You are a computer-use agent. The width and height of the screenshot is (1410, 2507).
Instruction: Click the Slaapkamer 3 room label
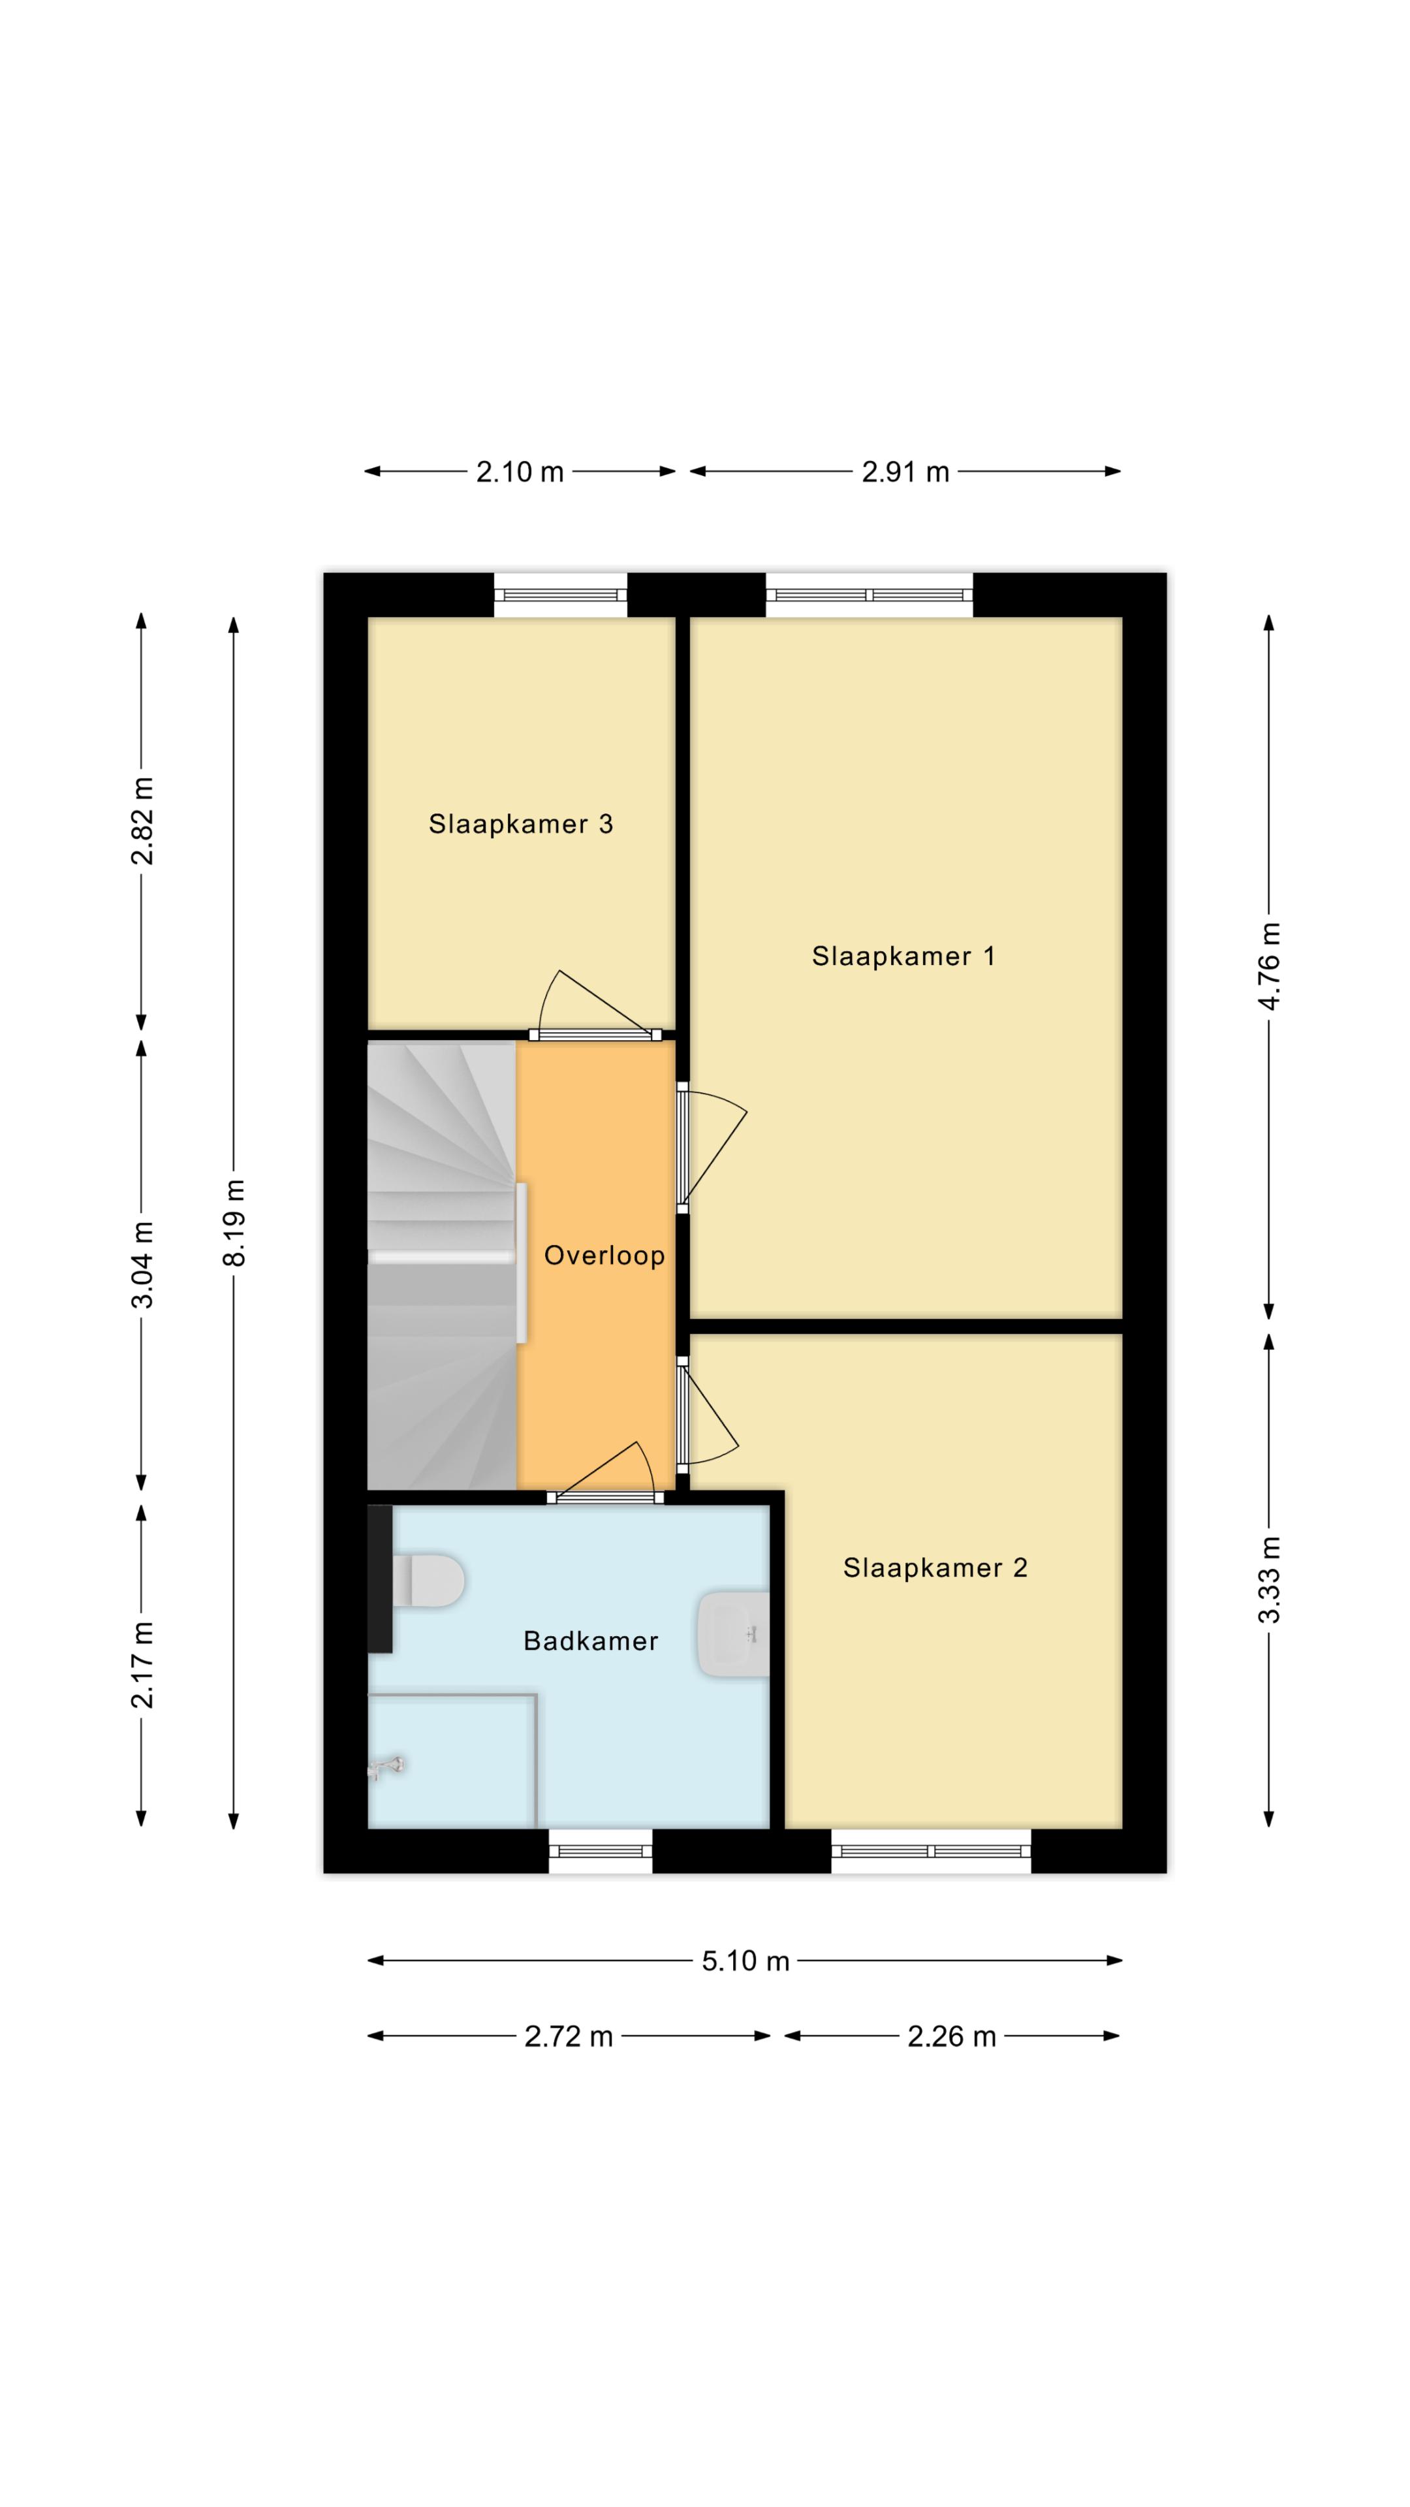pyautogui.click(x=521, y=825)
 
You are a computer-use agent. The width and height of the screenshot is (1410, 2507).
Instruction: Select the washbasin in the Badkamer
pyautogui.click(x=732, y=1634)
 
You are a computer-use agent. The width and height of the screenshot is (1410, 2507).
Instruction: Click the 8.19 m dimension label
pyautogui.click(x=234, y=1222)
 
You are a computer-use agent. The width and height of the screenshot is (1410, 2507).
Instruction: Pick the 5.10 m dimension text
pyautogui.click(x=745, y=1961)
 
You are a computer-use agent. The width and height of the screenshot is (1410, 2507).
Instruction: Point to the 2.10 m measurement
pyautogui.click(x=520, y=472)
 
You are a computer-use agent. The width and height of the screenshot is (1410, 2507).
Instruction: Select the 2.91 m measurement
pyautogui.click(x=905, y=472)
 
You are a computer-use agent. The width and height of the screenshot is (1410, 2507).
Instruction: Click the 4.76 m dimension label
pyautogui.click(x=1270, y=966)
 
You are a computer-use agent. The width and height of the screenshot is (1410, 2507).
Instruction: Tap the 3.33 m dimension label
pyautogui.click(x=1270, y=1579)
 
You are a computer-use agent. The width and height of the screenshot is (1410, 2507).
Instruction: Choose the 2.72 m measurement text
pyautogui.click(x=569, y=2037)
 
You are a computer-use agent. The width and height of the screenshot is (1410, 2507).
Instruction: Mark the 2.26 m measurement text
pyautogui.click(x=952, y=2037)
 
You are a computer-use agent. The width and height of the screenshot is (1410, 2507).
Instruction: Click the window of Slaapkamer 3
pyautogui.click(x=561, y=595)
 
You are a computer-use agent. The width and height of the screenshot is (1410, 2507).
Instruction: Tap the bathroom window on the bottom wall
pyautogui.click(x=601, y=1851)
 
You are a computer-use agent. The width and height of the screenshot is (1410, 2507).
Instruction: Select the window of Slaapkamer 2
pyautogui.click(x=932, y=1851)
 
